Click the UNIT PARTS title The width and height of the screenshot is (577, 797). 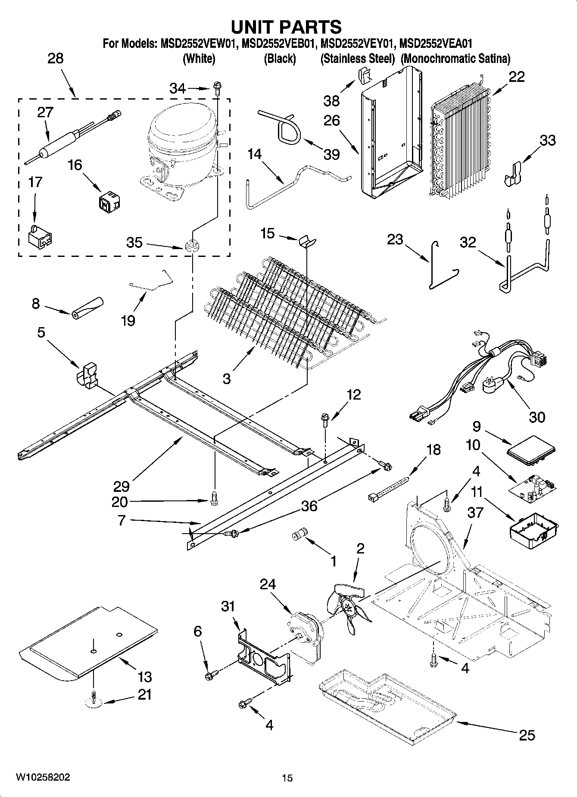click(x=287, y=27)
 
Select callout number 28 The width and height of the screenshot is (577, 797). click(x=55, y=58)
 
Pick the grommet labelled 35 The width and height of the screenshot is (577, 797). click(x=190, y=247)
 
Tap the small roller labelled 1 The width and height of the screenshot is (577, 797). click(x=299, y=534)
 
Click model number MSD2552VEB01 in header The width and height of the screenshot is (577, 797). click(x=280, y=44)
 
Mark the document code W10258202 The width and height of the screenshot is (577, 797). click(x=43, y=778)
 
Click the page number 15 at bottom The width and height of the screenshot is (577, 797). click(x=287, y=778)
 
